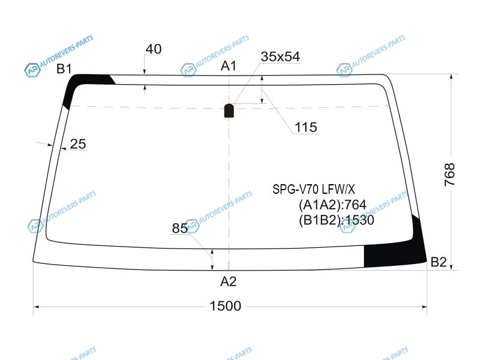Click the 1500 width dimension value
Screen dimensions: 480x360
tap(226, 306)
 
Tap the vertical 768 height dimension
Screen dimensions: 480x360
tap(449, 175)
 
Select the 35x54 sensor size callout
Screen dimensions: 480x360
tap(280, 56)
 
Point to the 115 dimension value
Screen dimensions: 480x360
tap(306, 127)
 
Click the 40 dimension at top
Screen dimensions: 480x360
tap(154, 49)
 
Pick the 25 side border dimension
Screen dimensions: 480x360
tap(78, 144)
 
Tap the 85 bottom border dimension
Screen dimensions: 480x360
tap(179, 228)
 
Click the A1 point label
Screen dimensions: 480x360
tap(229, 66)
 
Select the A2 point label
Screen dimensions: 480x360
tap(229, 281)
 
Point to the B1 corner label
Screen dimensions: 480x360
tap(64, 68)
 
